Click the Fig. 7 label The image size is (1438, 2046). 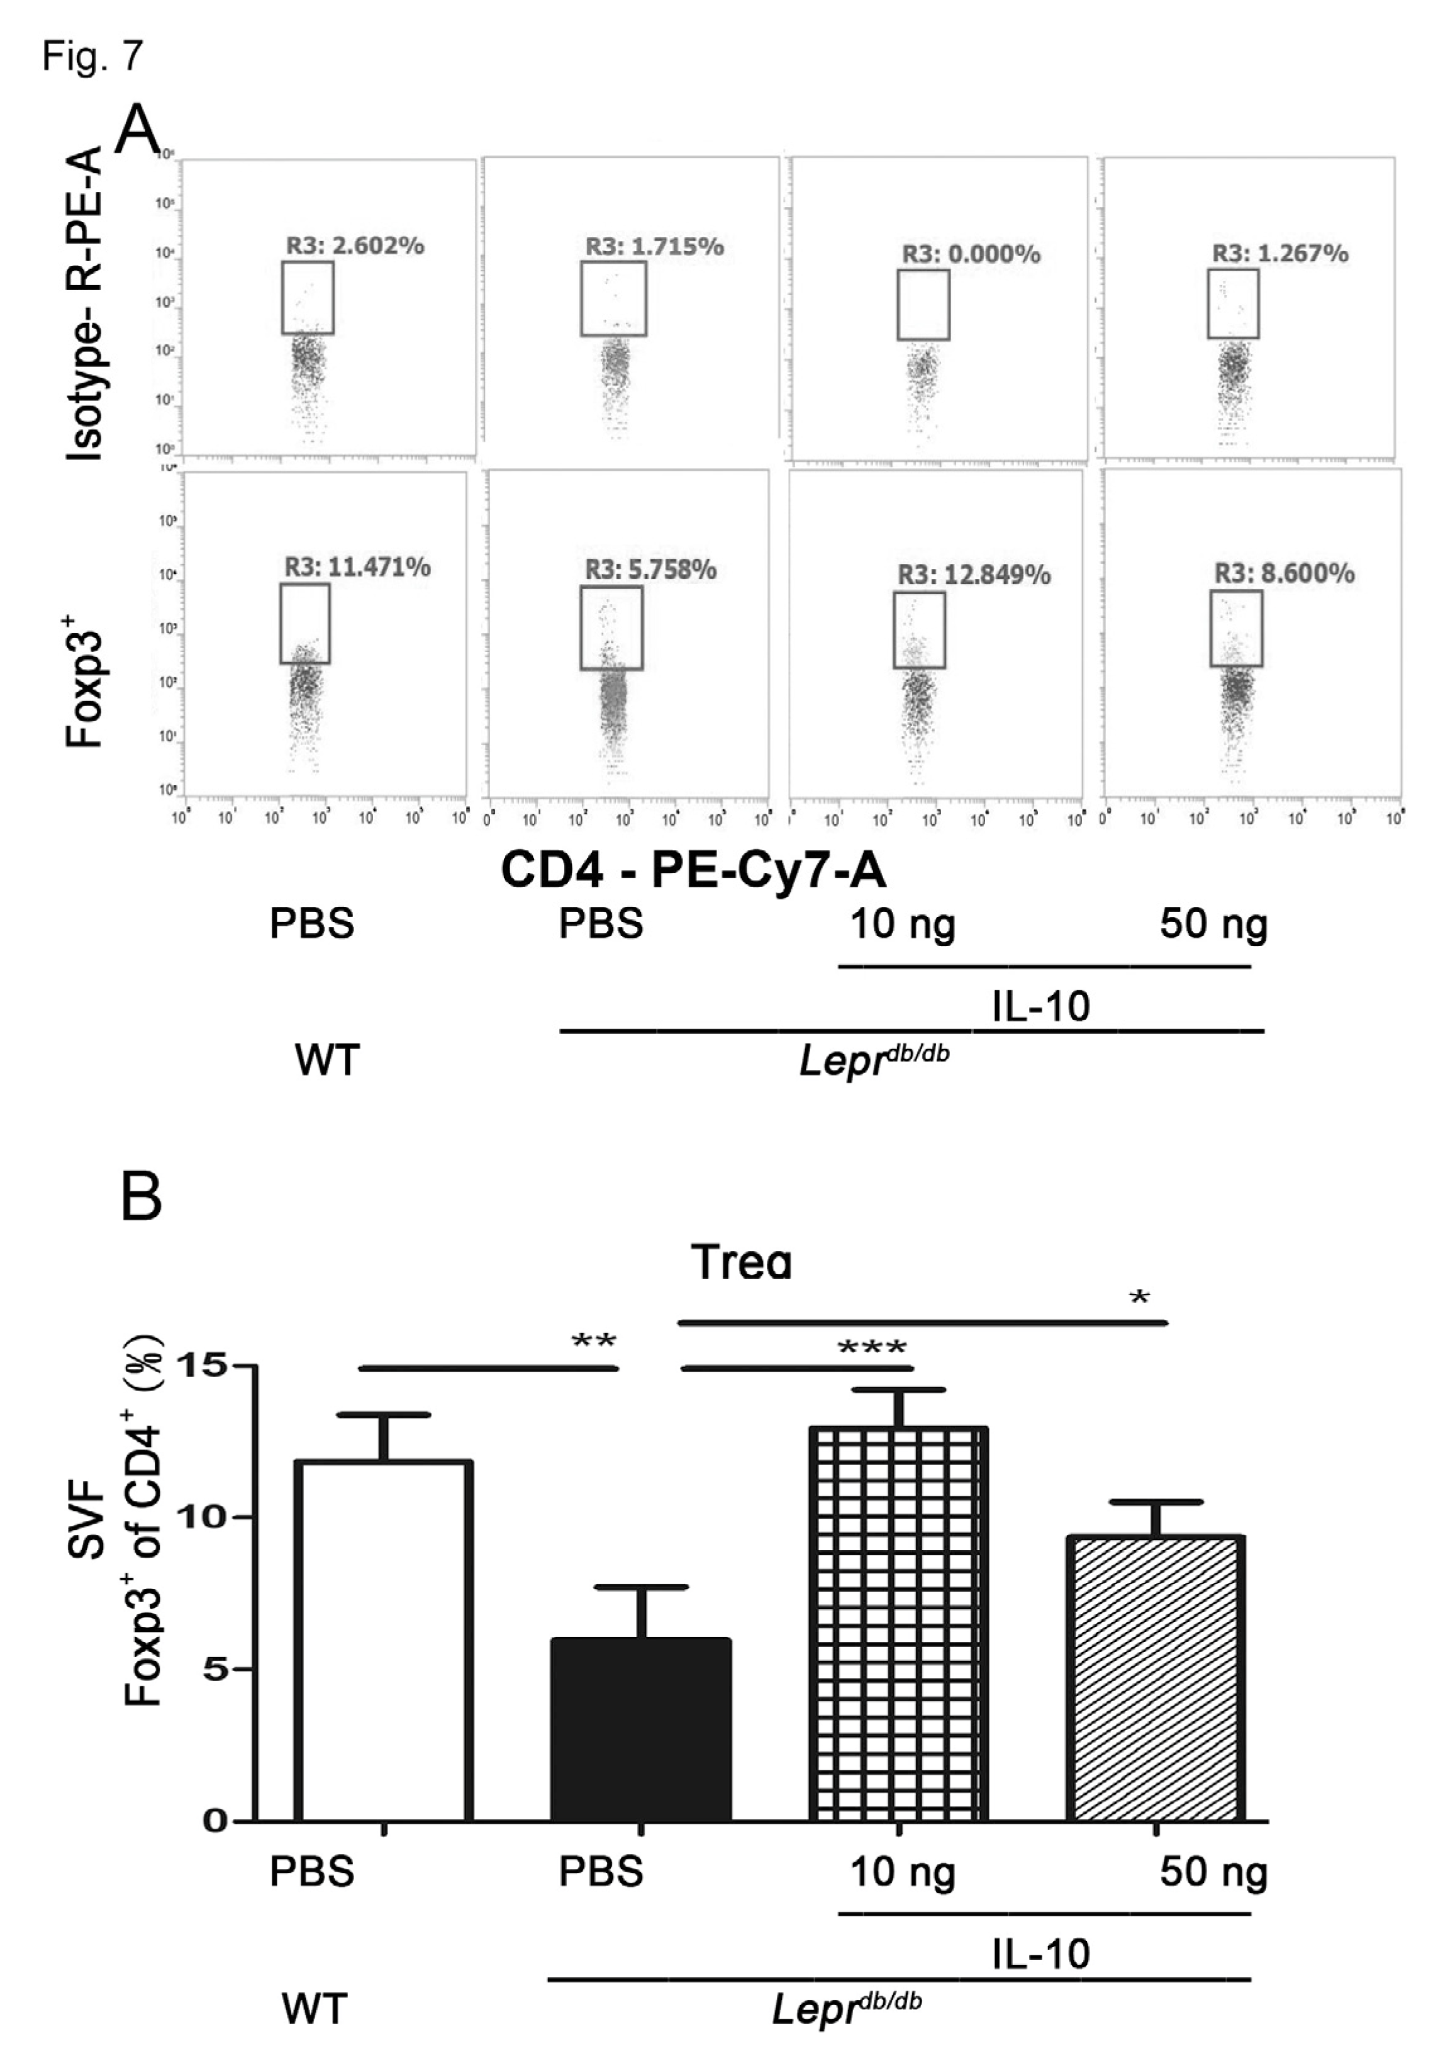(92, 56)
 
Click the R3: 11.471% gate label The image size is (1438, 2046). (357, 567)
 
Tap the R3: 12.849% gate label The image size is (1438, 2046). (973, 575)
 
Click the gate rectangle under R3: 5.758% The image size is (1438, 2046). (611, 627)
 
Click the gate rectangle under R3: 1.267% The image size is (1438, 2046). (1232, 304)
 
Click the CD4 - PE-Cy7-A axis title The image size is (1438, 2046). (693, 870)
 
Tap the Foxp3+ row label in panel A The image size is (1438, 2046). (86, 689)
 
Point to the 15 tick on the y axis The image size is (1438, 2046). (203, 1364)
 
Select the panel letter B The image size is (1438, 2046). (141, 1198)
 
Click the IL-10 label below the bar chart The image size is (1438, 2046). (1040, 1953)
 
